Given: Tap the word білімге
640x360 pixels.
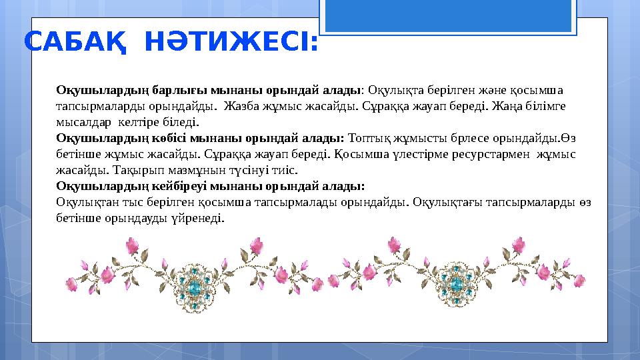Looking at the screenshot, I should pos(545,106).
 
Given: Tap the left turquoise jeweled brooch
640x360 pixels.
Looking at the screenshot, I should pos(195,286).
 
